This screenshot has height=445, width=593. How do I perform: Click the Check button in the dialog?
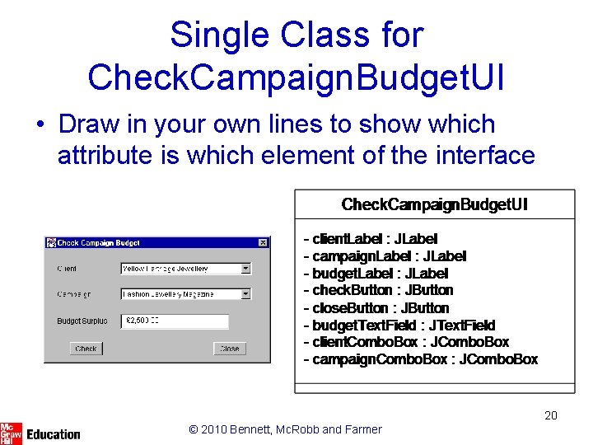[86, 349]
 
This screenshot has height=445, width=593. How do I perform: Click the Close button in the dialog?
[229, 349]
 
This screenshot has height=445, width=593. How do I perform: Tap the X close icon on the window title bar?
[263, 243]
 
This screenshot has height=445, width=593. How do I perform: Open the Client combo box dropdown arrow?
[245, 269]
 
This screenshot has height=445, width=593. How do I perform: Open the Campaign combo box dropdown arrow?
[245, 293]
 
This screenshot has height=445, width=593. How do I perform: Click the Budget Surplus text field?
[175, 321]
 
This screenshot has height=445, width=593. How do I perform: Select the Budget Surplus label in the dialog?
[82, 321]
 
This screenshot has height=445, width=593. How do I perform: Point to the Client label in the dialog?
[68, 269]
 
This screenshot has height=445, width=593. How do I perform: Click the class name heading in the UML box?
[434, 204]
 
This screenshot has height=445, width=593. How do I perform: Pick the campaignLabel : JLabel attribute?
[385, 256]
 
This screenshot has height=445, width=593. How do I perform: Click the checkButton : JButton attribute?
[378, 290]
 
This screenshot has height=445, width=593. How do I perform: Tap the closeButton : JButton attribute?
[376, 307]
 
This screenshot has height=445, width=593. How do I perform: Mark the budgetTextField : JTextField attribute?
[399, 325]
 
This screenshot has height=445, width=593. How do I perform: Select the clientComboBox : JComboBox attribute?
[406, 342]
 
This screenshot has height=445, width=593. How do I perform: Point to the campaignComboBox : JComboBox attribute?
[420, 359]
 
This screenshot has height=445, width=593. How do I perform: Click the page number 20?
[551, 415]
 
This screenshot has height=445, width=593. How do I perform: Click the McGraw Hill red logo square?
[11, 433]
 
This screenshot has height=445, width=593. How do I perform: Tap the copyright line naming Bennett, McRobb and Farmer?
[285, 429]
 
